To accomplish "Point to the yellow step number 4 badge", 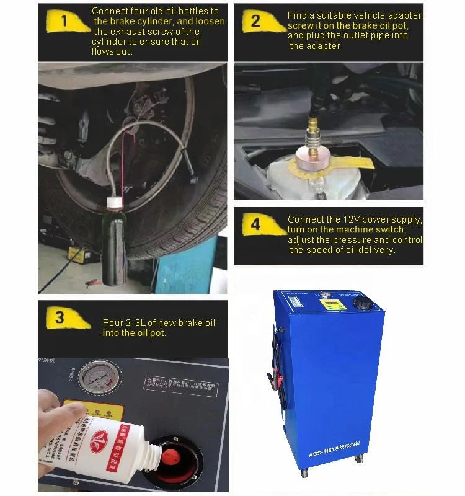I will tap(255, 225).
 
